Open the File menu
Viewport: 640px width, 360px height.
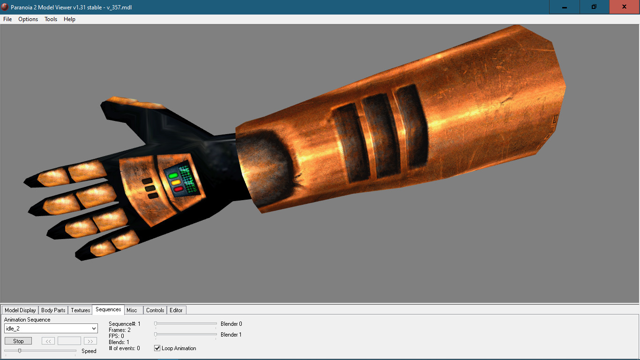[7, 19]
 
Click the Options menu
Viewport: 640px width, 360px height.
[28, 19]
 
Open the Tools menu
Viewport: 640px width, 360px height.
[51, 19]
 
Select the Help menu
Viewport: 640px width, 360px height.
[69, 19]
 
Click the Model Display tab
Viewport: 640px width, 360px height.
[20, 310]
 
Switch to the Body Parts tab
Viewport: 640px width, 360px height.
[53, 310]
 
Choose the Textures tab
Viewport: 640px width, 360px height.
[80, 310]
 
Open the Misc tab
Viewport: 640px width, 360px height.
[132, 310]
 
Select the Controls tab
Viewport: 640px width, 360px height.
[155, 310]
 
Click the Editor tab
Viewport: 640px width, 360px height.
[176, 310]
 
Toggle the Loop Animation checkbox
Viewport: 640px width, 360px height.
[157, 348]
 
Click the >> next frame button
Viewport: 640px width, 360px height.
[90, 341]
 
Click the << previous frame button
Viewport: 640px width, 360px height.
[48, 341]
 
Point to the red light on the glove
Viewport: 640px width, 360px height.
[178, 189]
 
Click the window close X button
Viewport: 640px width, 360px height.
[624, 7]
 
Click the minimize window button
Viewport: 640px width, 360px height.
[565, 7]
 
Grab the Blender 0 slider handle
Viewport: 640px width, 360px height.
[156, 323]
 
